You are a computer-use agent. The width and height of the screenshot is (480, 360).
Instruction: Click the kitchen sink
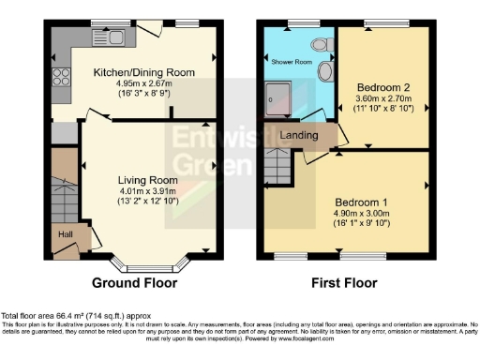click(97, 38)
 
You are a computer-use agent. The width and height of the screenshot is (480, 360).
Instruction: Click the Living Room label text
click(147, 180)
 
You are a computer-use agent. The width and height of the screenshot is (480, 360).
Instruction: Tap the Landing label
click(300, 136)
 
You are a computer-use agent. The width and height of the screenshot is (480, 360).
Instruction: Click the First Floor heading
click(345, 282)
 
